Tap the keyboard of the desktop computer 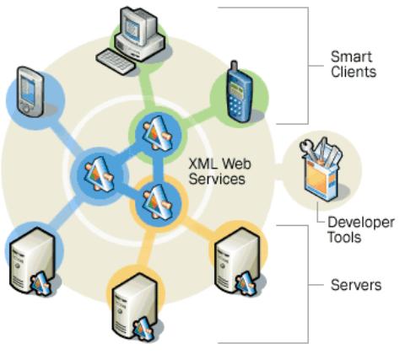(x=116, y=62)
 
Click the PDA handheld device (x=30, y=91)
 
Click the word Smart (x=351, y=56)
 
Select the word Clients (x=354, y=72)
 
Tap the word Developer (x=361, y=223)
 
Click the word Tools (x=344, y=237)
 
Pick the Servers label (x=356, y=285)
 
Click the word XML (x=202, y=164)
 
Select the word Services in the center (x=217, y=179)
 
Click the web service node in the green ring (x=157, y=133)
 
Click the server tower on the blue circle (x=32, y=261)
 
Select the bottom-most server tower (x=134, y=307)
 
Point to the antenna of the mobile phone (x=234, y=66)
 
